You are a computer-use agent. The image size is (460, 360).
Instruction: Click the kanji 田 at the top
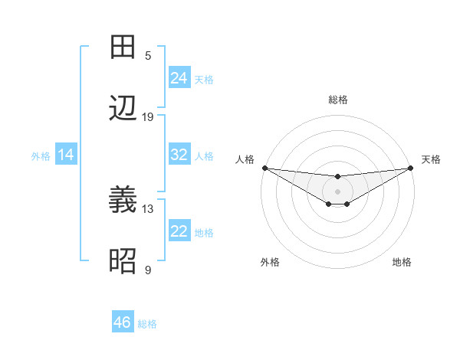pyautogui.click(x=123, y=47)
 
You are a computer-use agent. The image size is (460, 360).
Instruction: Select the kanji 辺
pyautogui.click(x=123, y=109)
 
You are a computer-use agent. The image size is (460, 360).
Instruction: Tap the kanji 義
pyautogui.click(x=123, y=201)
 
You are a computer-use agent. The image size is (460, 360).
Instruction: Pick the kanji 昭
pyautogui.click(x=123, y=262)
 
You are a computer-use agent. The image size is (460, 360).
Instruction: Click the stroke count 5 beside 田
pyautogui.click(x=148, y=55)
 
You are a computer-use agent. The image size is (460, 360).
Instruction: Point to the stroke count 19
pyautogui.click(x=148, y=116)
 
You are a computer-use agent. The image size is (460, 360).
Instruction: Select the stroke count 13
pyautogui.click(x=148, y=208)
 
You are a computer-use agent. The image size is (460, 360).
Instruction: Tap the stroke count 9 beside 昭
pyautogui.click(x=148, y=270)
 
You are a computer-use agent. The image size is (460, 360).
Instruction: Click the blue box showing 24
pyautogui.click(x=179, y=78)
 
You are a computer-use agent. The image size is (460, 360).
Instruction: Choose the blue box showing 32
pyautogui.click(x=179, y=155)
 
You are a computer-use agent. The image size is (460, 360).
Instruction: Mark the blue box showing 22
pyautogui.click(x=179, y=231)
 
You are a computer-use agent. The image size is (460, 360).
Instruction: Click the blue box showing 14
pyautogui.click(x=66, y=155)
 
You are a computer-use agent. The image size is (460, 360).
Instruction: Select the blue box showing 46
pyautogui.click(x=123, y=322)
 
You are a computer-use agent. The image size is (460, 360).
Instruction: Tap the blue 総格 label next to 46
pyautogui.click(x=147, y=324)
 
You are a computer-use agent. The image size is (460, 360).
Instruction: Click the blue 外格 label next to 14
pyautogui.click(x=41, y=156)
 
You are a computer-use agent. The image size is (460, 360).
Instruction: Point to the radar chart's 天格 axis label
pyautogui.click(x=431, y=159)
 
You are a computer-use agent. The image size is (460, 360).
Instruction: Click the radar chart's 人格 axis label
pyautogui.click(x=245, y=159)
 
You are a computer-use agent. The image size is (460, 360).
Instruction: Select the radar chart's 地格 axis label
pyautogui.click(x=402, y=262)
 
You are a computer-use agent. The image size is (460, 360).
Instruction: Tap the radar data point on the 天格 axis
pyautogui.click(x=411, y=168)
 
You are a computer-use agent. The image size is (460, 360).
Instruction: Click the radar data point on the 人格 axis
pyautogui.click(x=264, y=168)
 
